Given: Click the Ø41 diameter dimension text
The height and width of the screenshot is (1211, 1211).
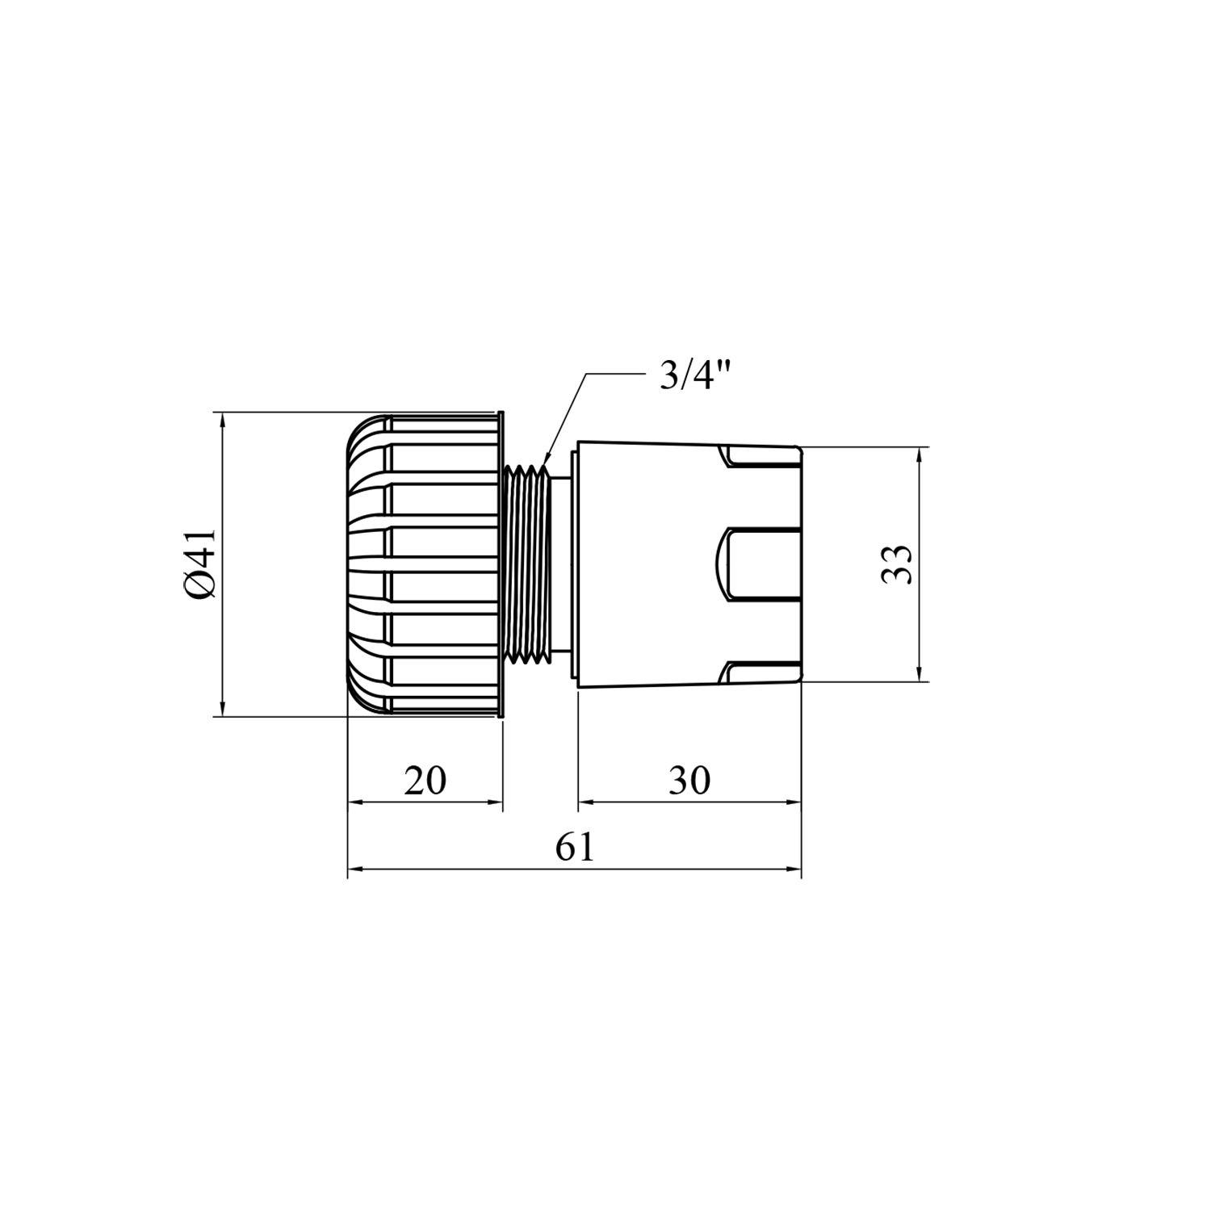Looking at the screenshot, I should [x=199, y=564].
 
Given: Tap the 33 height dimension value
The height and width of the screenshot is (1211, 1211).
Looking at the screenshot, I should [x=896, y=564].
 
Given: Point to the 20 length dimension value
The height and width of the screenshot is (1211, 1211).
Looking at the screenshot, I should [x=425, y=781].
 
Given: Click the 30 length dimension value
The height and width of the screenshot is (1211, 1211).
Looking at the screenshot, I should [x=689, y=781].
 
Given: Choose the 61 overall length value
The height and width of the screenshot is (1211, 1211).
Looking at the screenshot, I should [x=575, y=848].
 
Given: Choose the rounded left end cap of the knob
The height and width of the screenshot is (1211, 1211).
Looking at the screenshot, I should [x=359, y=564].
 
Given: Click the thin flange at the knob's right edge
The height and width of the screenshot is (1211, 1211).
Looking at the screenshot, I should [x=501, y=564].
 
